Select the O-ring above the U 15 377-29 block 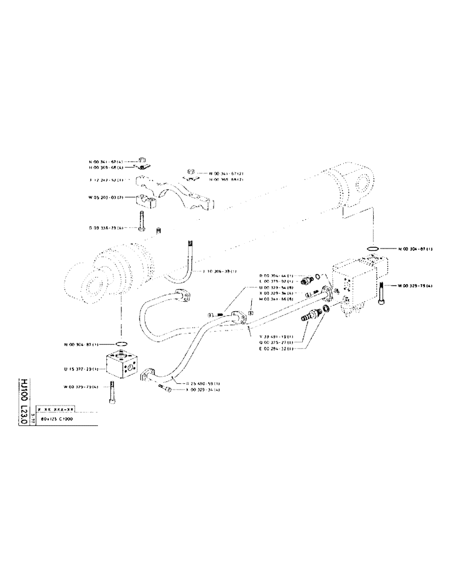coord(121,344)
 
